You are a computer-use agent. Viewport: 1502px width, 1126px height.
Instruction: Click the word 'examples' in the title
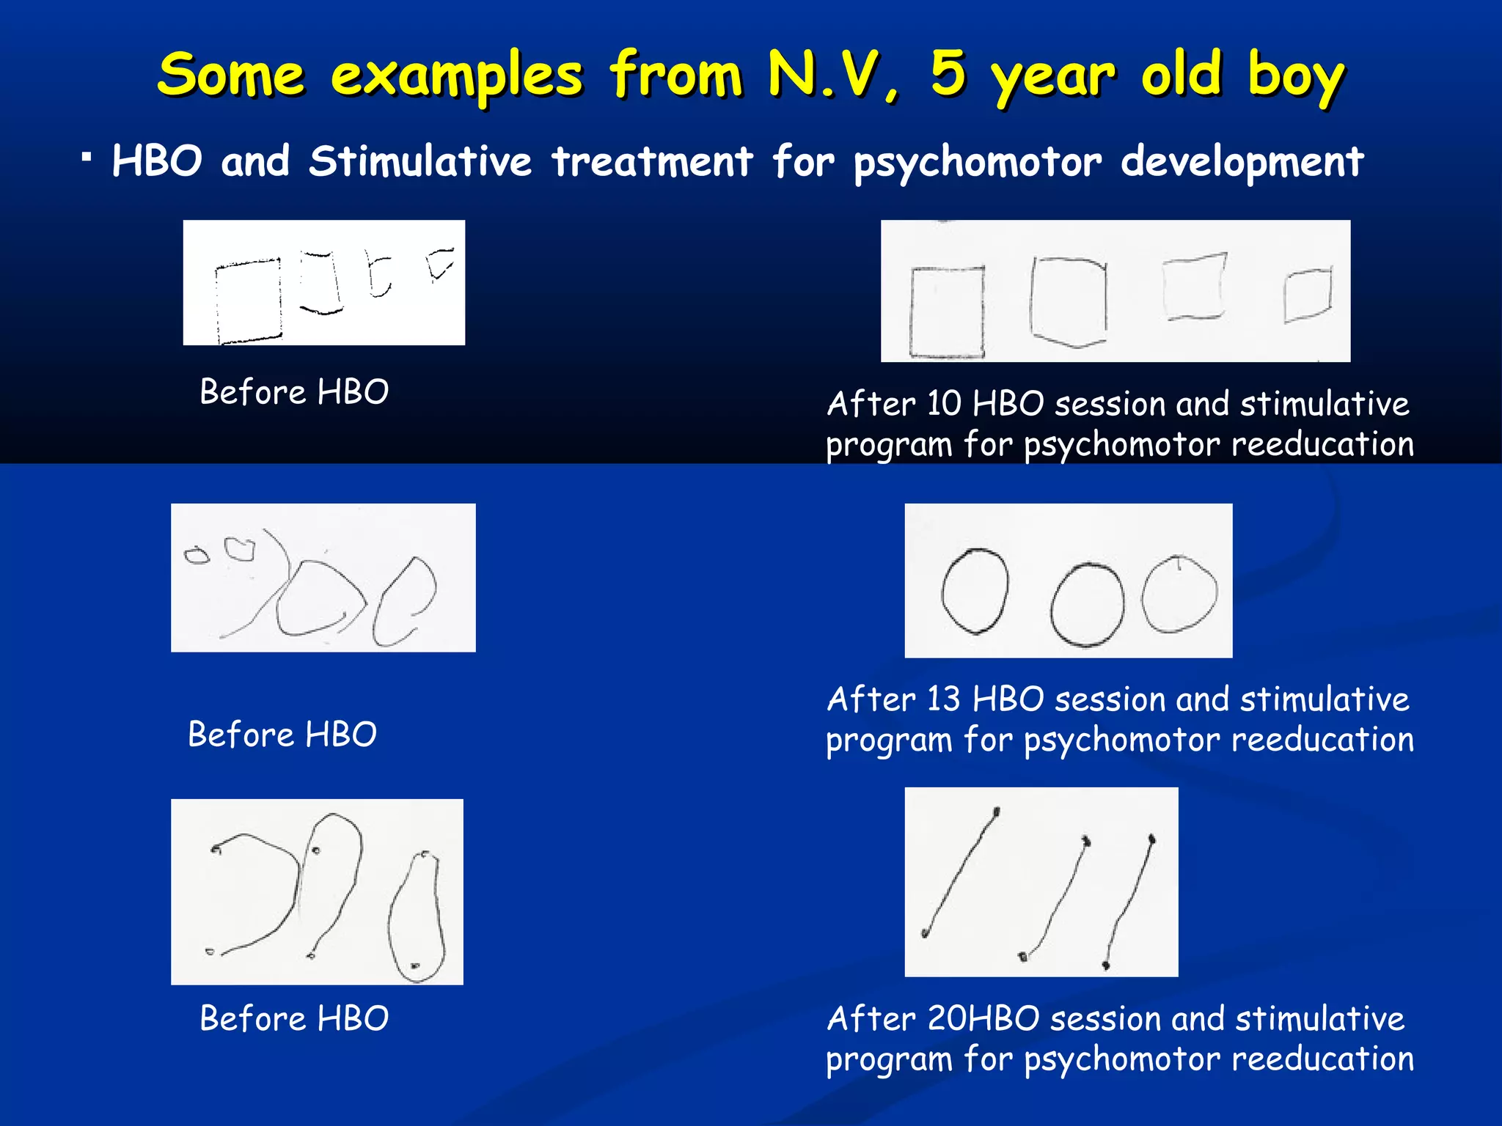click(x=456, y=76)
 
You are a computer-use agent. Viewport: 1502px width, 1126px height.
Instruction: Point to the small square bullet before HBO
click(x=87, y=157)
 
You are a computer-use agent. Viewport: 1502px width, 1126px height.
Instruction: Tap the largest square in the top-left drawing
click(x=249, y=301)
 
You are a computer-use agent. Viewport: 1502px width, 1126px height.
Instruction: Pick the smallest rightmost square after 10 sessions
click(x=1308, y=295)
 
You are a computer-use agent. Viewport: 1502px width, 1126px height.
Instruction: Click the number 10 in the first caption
click(x=943, y=404)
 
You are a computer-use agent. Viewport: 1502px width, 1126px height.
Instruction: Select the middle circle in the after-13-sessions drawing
click(x=1087, y=605)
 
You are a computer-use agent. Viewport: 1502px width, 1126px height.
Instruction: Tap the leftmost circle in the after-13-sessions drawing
click(x=975, y=591)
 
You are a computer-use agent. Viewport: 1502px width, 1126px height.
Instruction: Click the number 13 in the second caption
click(x=943, y=699)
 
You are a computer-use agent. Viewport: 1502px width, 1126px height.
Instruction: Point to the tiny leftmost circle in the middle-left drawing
click(x=196, y=556)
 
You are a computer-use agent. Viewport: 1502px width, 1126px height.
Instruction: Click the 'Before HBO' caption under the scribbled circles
click(x=282, y=735)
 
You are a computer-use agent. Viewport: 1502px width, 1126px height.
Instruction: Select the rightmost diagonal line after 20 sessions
click(x=1129, y=902)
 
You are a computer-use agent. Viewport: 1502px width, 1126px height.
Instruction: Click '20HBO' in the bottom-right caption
click(x=983, y=1019)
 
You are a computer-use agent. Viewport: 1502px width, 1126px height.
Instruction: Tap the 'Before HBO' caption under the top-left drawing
click(x=294, y=392)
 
